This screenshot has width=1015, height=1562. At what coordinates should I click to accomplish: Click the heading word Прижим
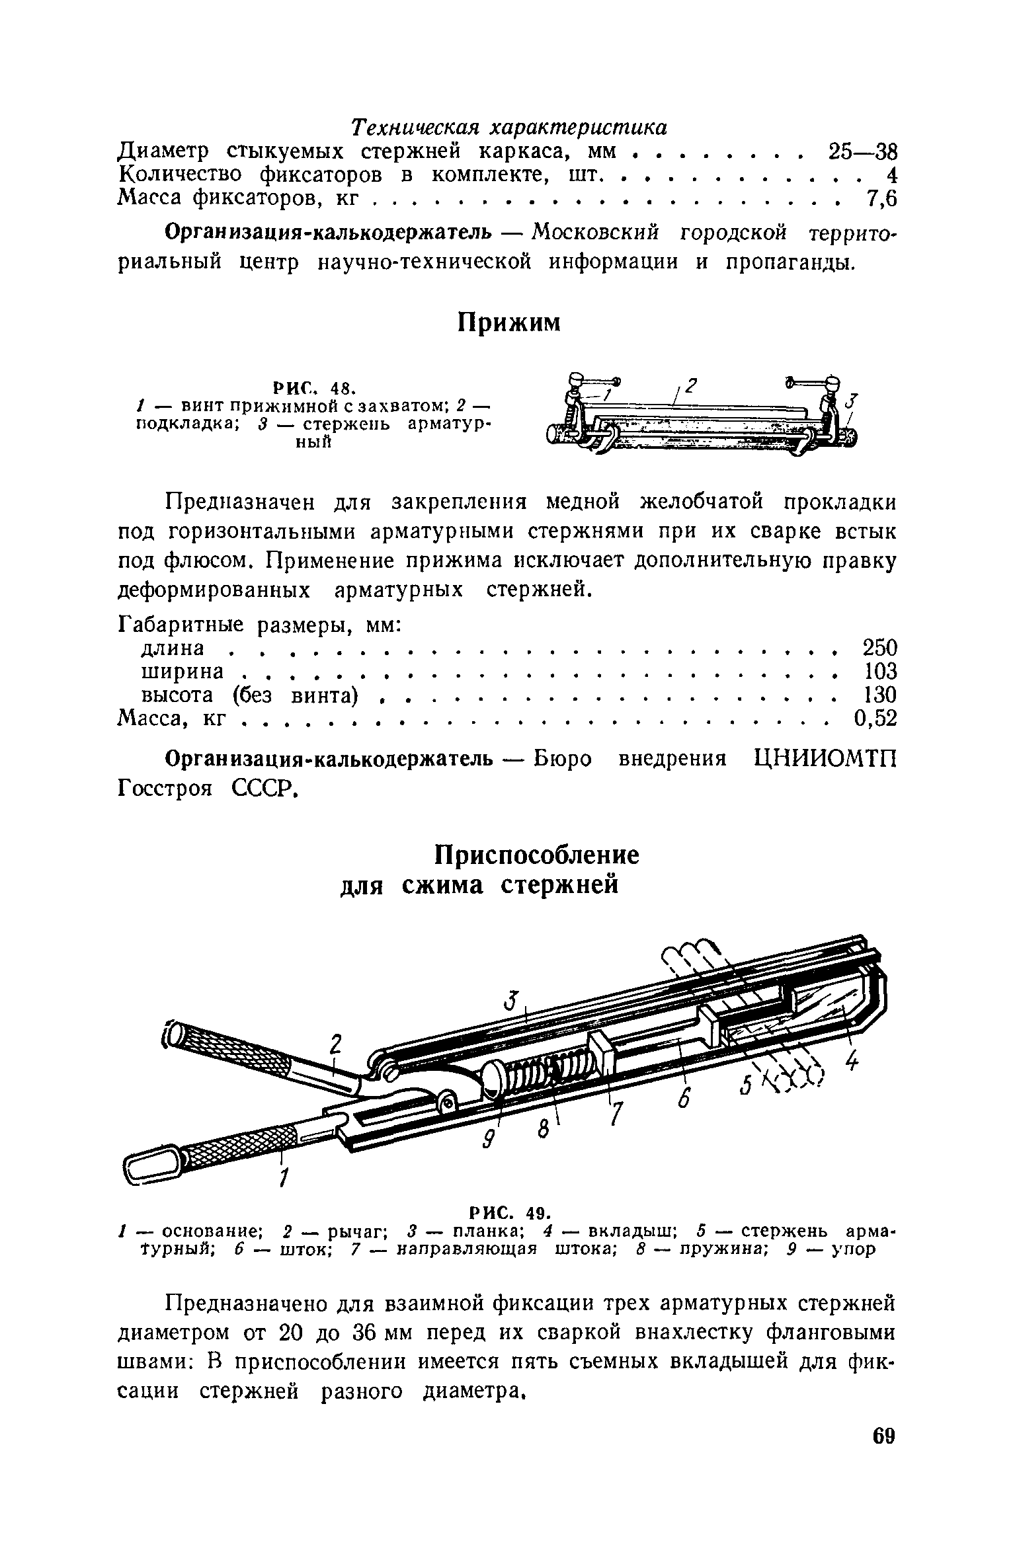pos(508,323)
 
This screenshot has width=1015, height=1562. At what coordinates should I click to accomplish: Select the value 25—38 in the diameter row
pos(862,151)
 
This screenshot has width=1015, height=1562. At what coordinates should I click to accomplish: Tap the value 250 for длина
pos(879,648)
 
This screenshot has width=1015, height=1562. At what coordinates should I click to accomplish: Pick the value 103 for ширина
pos(881,672)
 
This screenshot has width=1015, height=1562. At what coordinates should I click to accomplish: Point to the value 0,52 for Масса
pos(875,719)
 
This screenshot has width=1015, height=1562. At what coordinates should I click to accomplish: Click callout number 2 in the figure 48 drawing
pos(692,385)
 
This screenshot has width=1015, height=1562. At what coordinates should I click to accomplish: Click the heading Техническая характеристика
pos(508,126)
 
